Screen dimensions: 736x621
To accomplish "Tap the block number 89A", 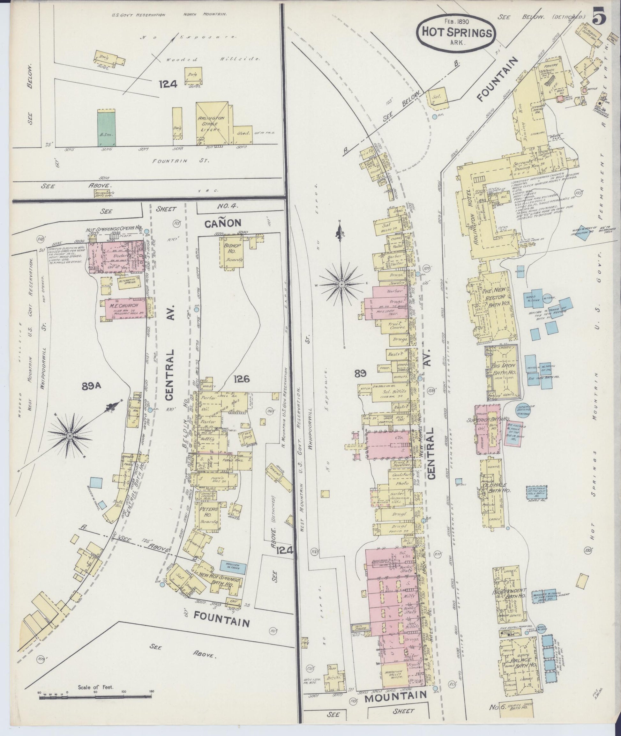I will (91, 386).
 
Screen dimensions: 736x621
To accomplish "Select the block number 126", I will (241, 379).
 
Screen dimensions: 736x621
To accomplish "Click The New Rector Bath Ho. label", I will (495, 301).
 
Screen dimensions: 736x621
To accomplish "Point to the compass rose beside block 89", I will (341, 283).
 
